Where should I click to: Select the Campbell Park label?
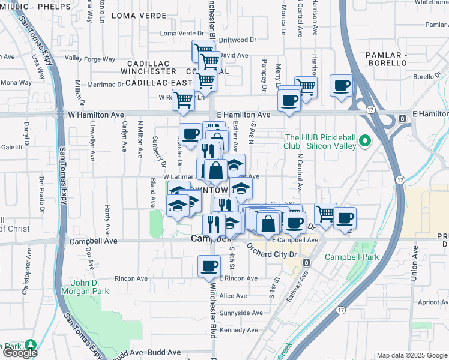click(x=344, y=257)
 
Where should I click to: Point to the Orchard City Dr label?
click(x=272, y=253)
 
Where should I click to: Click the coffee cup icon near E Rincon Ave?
click(x=209, y=265)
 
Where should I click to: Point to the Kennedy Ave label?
click(x=234, y=330)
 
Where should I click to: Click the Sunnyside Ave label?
click(x=241, y=313)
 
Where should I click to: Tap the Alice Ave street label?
click(x=233, y=296)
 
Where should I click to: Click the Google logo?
click(x=20, y=353)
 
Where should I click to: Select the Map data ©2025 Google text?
click(x=412, y=355)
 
